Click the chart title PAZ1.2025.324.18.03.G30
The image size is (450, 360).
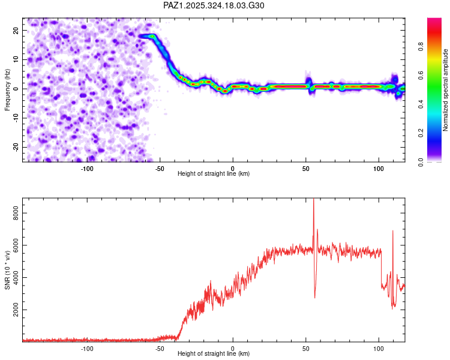[214, 5]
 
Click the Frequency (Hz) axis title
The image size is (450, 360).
[7, 90]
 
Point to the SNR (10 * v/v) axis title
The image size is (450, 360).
[7, 269]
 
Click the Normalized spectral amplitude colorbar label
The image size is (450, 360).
[445, 90]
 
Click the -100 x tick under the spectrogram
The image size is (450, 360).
[87, 167]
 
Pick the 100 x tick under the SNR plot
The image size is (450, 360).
[379, 347]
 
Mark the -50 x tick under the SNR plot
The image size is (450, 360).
[160, 347]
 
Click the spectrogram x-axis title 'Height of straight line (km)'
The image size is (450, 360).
[214, 173]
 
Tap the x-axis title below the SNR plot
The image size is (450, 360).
[214, 353]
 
